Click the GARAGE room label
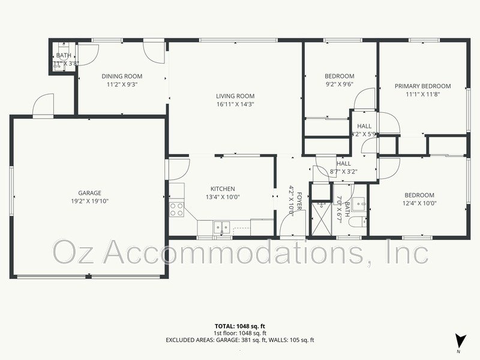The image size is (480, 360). (89, 193)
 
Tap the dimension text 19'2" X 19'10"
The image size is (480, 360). (89, 202)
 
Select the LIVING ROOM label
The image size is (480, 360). (235, 96)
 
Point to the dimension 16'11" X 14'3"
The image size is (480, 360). (235, 104)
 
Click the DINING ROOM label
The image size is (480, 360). (122, 76)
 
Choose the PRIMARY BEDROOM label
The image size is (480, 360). (422, 86)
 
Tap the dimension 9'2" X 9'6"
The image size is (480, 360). (340, 85)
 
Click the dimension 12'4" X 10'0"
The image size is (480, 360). (419, 203)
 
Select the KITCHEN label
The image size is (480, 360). (223, 188)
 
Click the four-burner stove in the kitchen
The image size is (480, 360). (177, 209)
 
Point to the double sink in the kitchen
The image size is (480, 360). (221, 227)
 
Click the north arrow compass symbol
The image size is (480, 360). (459, 340)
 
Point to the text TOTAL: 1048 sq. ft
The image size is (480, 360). (239, 326)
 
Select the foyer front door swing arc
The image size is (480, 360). (287, 228)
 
